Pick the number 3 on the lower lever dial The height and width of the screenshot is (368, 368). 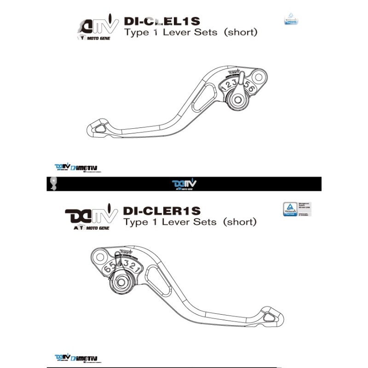coord(126,266)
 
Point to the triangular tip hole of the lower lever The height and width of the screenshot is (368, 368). coord(269,316)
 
